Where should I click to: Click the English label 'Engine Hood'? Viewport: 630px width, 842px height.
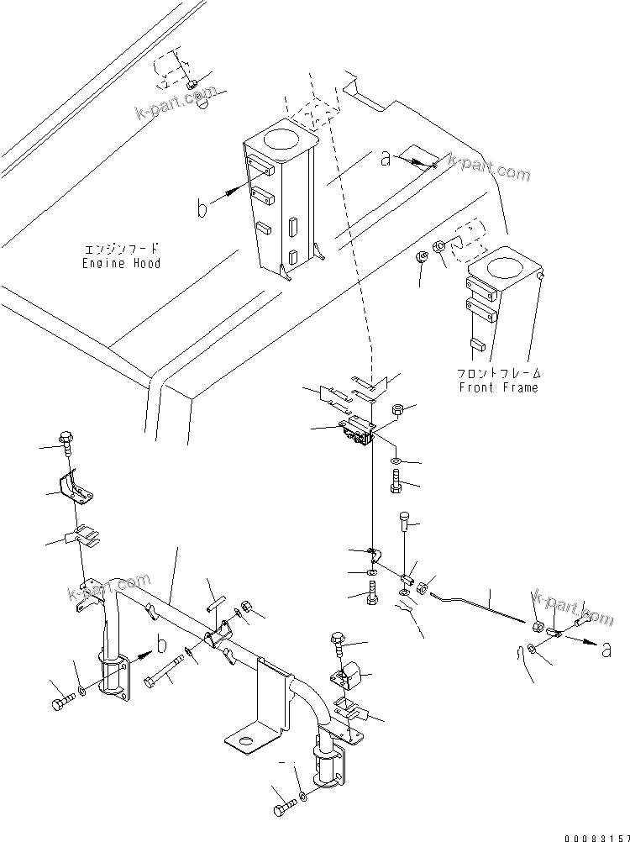tap(121, 263)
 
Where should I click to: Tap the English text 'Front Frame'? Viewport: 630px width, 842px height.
tap(498, 387)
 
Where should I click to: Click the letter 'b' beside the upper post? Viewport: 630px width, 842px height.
tap(202, 208)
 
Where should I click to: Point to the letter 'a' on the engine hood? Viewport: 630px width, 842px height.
tap(386, 158)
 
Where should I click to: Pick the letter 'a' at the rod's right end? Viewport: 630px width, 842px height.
tap(606, 648)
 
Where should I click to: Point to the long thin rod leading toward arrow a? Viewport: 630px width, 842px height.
tap(479, 608)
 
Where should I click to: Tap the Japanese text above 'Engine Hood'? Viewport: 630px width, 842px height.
tap(121, 250)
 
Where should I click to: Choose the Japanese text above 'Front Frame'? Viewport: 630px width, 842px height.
tap(498, 373)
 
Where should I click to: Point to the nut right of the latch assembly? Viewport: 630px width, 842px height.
tap(400, 409)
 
